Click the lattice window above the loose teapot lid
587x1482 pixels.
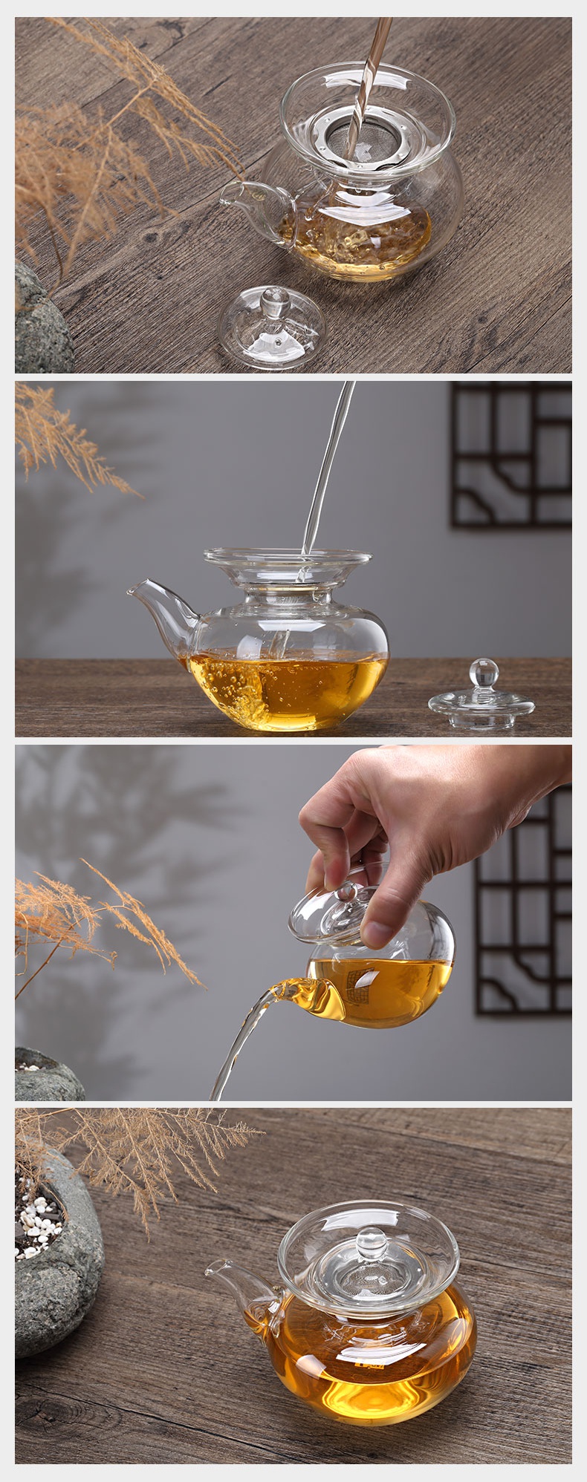tap(511, 454)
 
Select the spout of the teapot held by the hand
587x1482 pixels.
tap(293, 991)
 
